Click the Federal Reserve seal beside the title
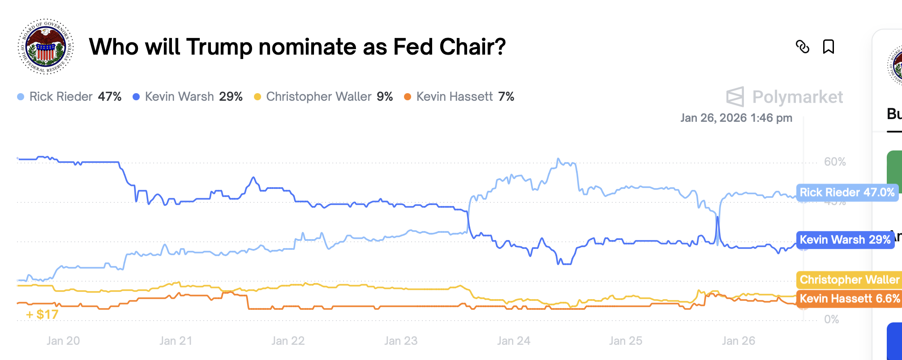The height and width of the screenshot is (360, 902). pyautogui.click(x=46, y=47)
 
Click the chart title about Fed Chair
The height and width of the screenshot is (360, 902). pyautogui.click(x=297, y=47)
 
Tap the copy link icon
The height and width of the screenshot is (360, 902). pyautogui.click(x=802, y=47)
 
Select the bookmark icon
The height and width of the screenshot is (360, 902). pyautogui.click(x=828, y=47)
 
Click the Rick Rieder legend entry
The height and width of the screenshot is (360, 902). pyautogui.click(x=69, y=97)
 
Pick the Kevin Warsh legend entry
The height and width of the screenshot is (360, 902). pyautogui.click(x=188, y=97)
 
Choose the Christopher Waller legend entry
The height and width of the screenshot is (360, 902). pyautogui.click(x=323, y=97)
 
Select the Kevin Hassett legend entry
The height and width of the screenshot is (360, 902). pyautogui.click(x=459, y=97)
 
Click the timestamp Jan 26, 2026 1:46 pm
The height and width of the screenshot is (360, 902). pyautogui.click(x=736, y=118)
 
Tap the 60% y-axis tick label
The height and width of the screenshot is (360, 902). pyautogui.click(x=835, y=162)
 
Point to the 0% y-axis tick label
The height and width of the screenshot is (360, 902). pyautogui.click(x=831, y=319)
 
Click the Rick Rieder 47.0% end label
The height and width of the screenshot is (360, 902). pyautogui.click(x=847, y=193)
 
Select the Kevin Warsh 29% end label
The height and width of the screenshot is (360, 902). pyautogui.click(x=845, y=240)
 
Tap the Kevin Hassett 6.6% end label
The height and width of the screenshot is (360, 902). pyautogui.click(x=849, y=299)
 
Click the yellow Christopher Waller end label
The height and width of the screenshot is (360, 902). pyautogui.click(x=849, y=279)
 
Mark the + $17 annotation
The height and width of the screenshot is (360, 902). pyautogui.click(x=43, y=314)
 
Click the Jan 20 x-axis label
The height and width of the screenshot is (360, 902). pyautogui.click(x=63, y=341)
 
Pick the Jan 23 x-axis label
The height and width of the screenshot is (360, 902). pyautogui.click(x=401, y=341)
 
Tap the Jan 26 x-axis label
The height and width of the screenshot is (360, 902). pyautogui.click(x=739, y=341)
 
